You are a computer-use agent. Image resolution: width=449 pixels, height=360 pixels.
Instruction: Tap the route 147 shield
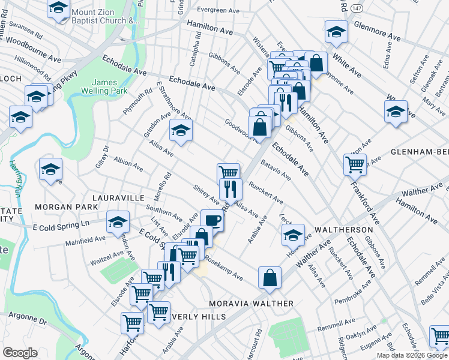tap(358, 7)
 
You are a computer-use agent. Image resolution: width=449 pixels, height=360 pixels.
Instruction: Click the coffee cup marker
tap(212, 220)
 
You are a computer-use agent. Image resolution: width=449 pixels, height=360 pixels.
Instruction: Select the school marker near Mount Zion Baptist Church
tap(58, 8)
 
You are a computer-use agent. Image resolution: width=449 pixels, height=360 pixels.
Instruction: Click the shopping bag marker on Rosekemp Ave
tap(270, 277)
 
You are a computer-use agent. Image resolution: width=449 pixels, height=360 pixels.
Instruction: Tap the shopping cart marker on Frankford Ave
tap(355, 163)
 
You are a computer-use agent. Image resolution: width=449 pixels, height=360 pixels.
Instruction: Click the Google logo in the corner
tap(20, 352)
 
